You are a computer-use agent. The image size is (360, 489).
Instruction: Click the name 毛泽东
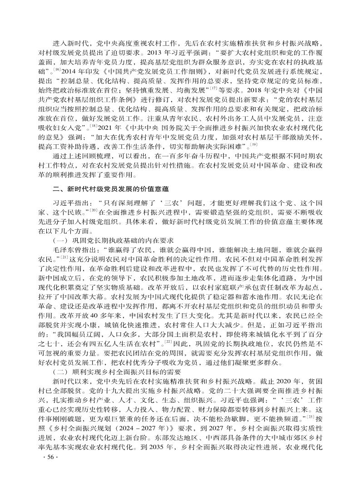click(62, 250)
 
